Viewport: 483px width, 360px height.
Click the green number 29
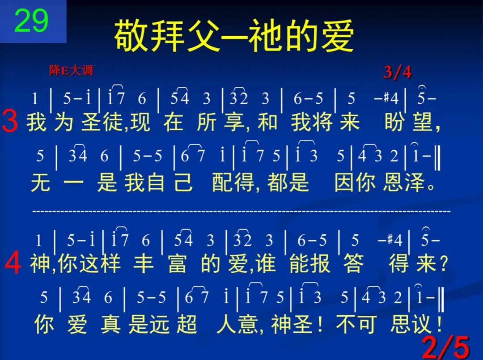[31, 21]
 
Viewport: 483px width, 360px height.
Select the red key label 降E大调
[71, 71]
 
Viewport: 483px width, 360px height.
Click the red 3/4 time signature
[397, 72]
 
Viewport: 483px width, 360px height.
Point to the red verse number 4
[13, 264]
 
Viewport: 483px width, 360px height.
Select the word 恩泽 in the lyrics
[402, 182]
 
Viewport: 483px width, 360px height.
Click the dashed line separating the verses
[241, 210]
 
